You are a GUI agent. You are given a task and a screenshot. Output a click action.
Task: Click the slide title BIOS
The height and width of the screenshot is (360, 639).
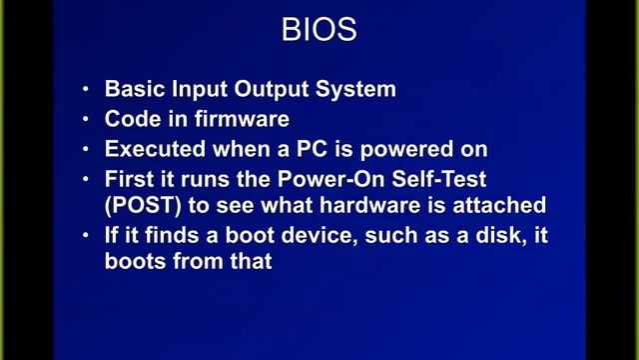[x=319, y=29]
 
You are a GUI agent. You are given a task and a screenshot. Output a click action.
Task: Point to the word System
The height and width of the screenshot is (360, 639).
[x=357, y=89]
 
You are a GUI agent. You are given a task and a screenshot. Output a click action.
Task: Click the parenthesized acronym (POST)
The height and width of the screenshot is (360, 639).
[x=142, y=206]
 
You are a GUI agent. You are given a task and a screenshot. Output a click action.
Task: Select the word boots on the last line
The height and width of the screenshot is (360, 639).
[x=135, y=262]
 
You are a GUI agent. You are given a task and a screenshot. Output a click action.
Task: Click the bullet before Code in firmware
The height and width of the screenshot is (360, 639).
[x=88, y=119]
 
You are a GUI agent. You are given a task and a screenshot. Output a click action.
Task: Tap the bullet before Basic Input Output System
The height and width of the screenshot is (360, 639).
[x=88, y=89]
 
